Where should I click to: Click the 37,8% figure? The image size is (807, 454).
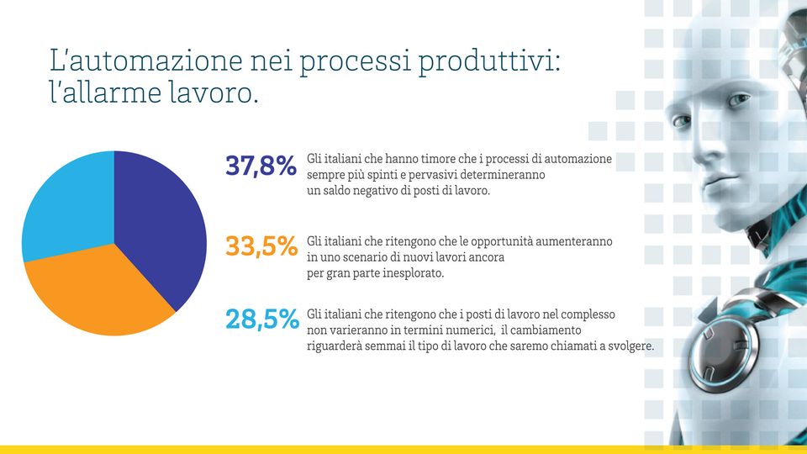pos(261,166)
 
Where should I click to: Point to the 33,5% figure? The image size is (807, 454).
pos(261,246)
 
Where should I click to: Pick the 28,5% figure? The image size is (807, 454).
pos(262,319)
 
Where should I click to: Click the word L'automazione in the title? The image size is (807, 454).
pos(145,61)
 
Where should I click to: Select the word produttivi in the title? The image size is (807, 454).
pos(488,61)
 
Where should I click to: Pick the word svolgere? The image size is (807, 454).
pos(631,346)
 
